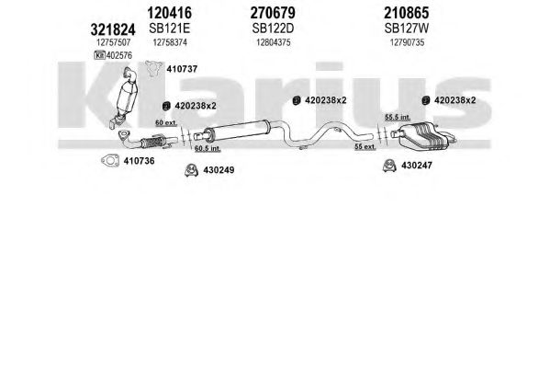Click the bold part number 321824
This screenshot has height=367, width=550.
(x=113, y=29)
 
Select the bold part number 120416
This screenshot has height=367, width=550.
(x=170, y=13)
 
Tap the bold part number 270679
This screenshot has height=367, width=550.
(x=273, y=13)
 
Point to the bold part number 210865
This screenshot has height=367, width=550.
(x=406, y=13)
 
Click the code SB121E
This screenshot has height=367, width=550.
(x=170, y=29)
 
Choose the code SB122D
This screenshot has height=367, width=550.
(x=273, y=29)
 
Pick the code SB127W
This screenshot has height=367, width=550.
(x=407, y=29)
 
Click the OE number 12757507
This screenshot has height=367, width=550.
(x=113, y=42)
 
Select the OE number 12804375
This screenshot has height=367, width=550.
(x=274, y=42)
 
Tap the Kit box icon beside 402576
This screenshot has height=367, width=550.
(x=99, y=55)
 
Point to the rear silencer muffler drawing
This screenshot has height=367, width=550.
(x=423, y=136)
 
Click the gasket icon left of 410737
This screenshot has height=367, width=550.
(x=154, y=68)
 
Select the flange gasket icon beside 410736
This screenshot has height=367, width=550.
(x=110, y=161)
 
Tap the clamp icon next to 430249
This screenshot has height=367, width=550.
(x=192, y=170)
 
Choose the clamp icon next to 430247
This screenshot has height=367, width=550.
(x=389, y=166)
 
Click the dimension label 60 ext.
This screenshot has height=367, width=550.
(x=166, y=123)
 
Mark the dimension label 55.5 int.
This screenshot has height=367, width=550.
(x=398, y=117)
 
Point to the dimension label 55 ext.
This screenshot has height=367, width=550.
(x=365, y=146)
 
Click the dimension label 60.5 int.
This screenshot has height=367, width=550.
(x=208, y=148)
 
